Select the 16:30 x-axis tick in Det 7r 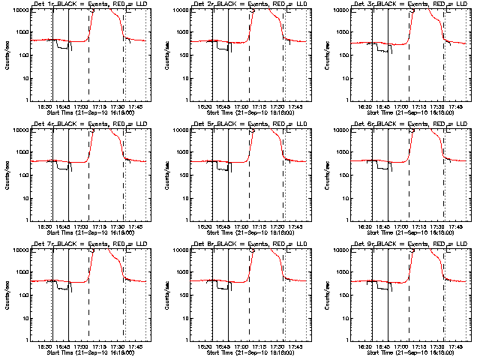(x=44, y=346)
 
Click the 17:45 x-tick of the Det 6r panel (x=455, y=226)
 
